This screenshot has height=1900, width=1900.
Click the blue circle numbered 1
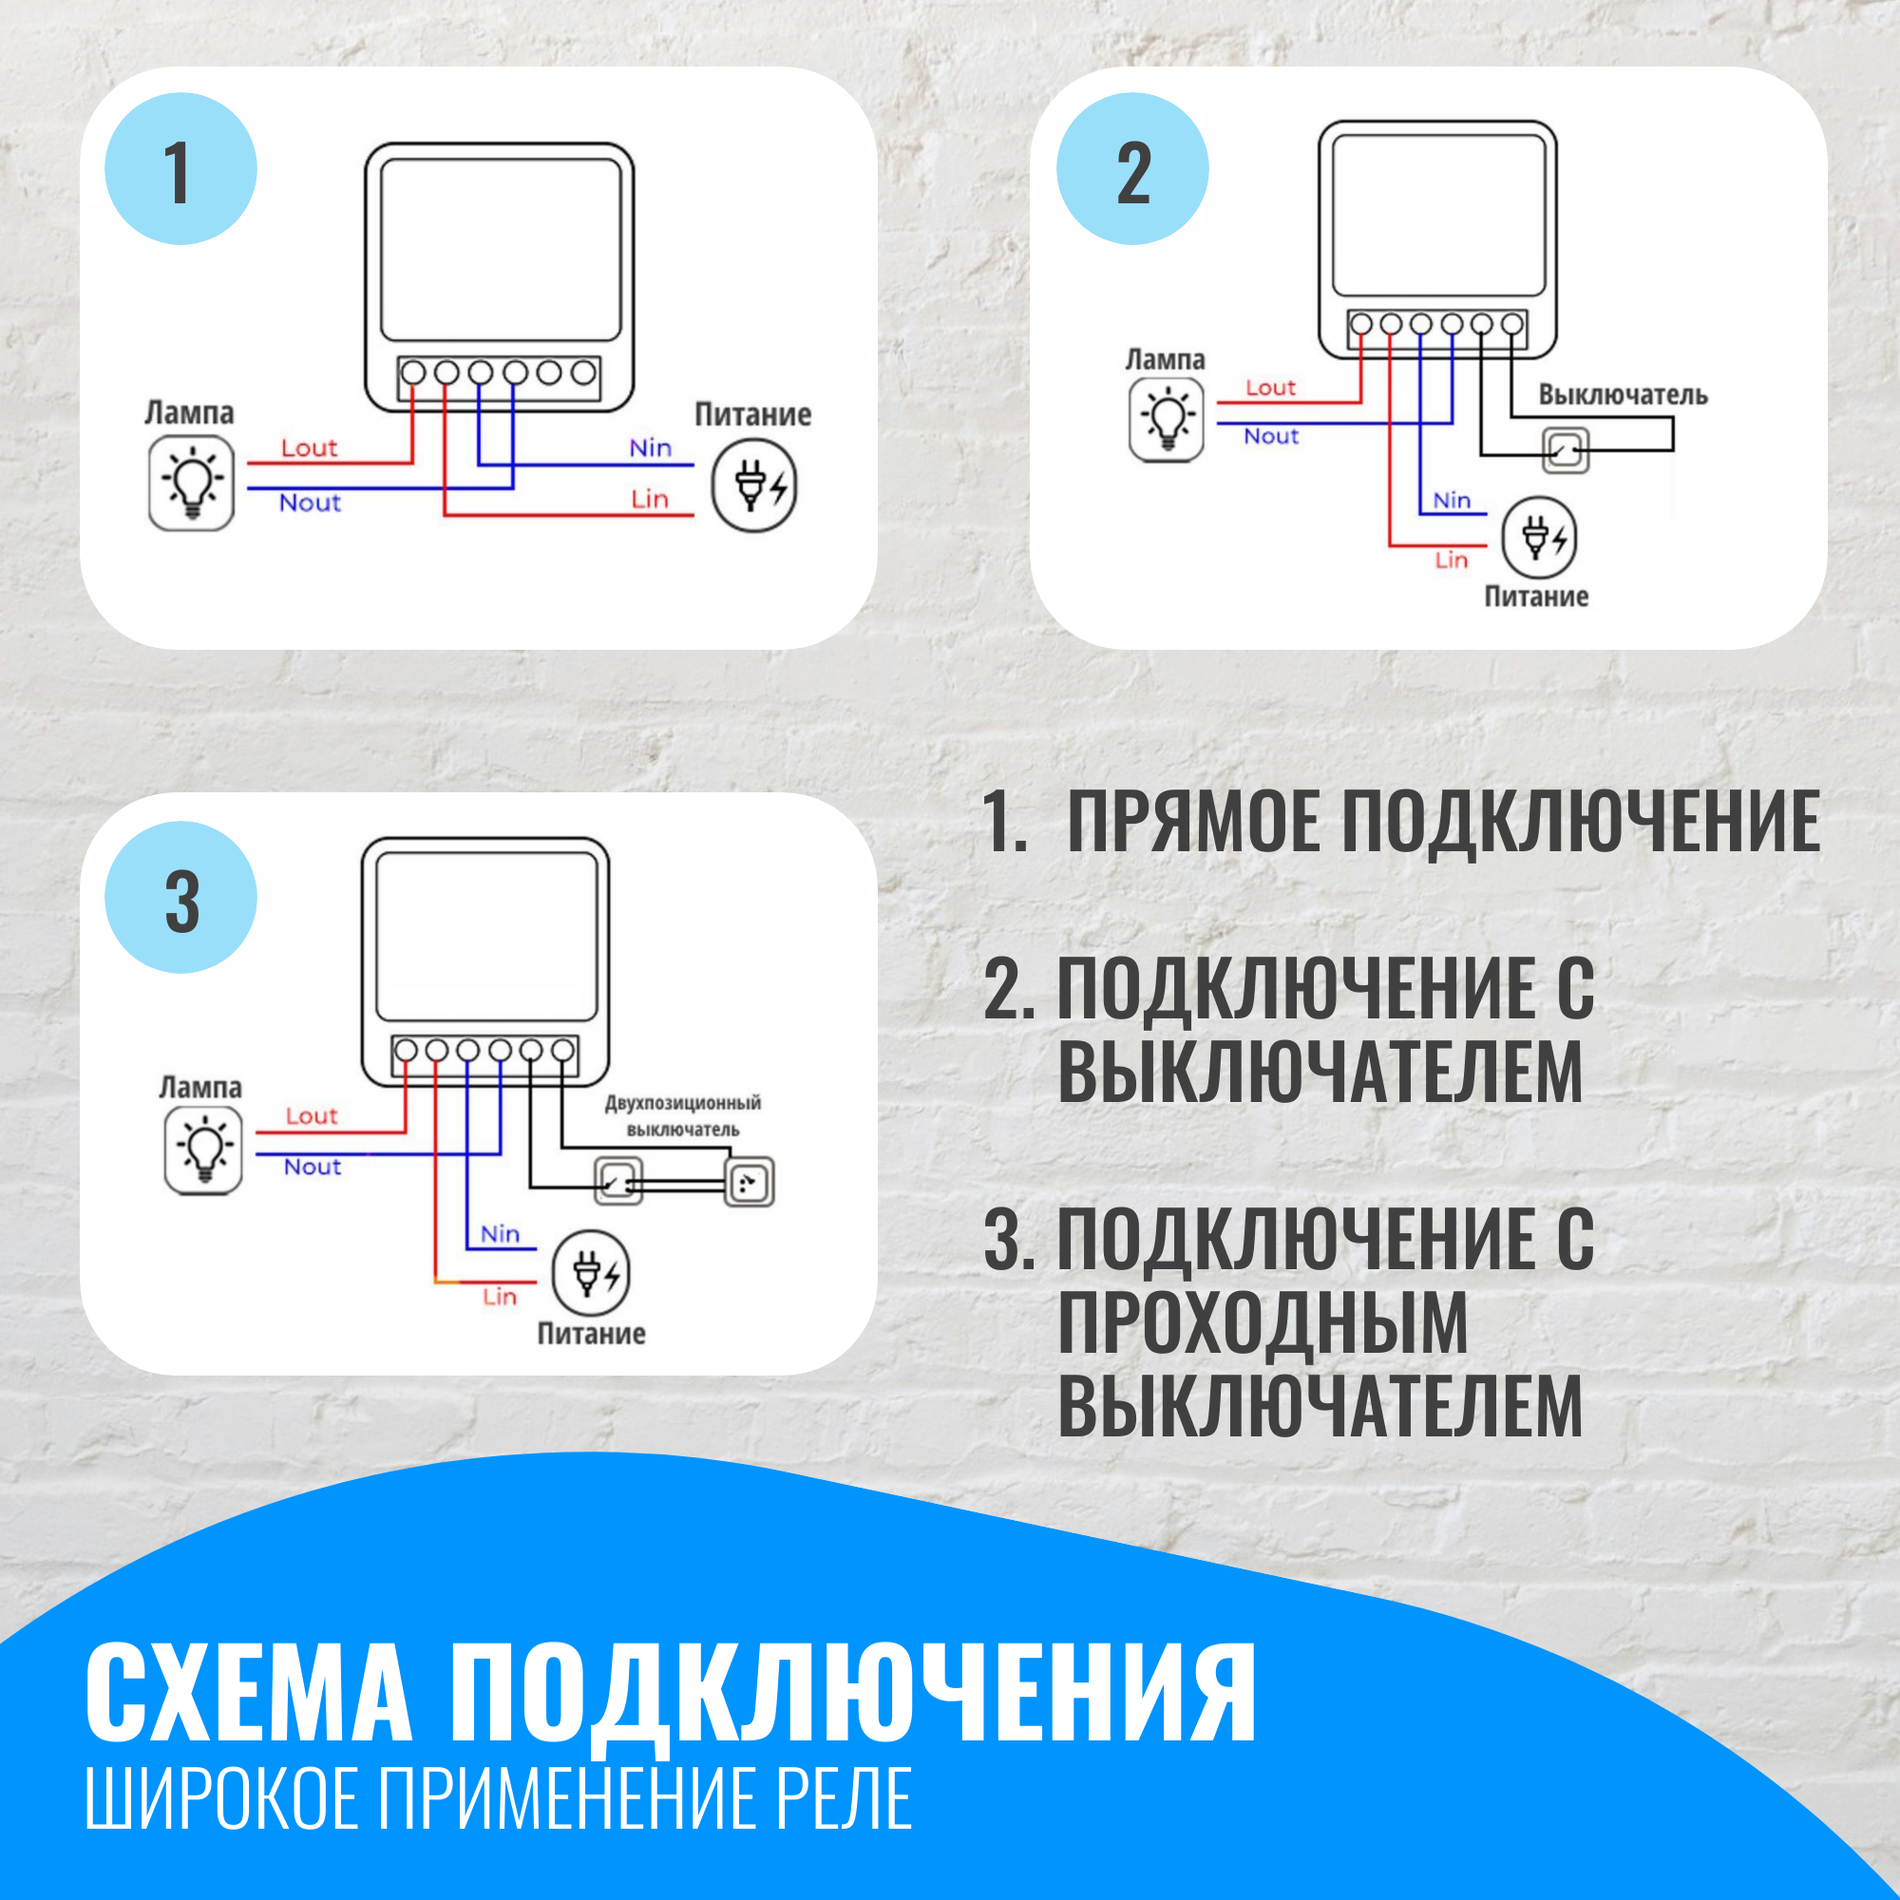tap(180, 169)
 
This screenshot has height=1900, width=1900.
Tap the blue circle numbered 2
tap(1133, 169)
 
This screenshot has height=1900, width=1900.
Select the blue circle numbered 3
tap(180, 897)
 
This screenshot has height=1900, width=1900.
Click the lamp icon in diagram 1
tap(192, 484)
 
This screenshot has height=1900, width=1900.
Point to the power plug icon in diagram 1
tap(754, 485)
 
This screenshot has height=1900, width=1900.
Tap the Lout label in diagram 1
tap(309, 448)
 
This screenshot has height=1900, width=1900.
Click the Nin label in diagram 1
tap(650, 448)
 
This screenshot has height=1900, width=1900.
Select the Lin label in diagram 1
tap(649, 500)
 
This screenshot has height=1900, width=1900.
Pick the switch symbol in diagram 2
tap(1565, 450)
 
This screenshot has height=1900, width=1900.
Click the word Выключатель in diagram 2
tap(1623, 395)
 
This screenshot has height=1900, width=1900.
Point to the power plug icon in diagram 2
tap(1539, 538)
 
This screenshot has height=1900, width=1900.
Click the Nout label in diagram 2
tap(1270, 437)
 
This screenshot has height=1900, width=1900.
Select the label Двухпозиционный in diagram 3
tap(682, 1102)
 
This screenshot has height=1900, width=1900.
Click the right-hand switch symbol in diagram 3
tap(750, 1182)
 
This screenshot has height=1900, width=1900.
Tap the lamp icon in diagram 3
tap(203, 1150)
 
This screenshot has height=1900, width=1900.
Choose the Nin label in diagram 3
tap(500, 1234)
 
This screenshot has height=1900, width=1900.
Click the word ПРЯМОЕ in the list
tap(1194, 821)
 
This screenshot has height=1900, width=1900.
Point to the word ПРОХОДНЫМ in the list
tap(1263, 1323)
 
